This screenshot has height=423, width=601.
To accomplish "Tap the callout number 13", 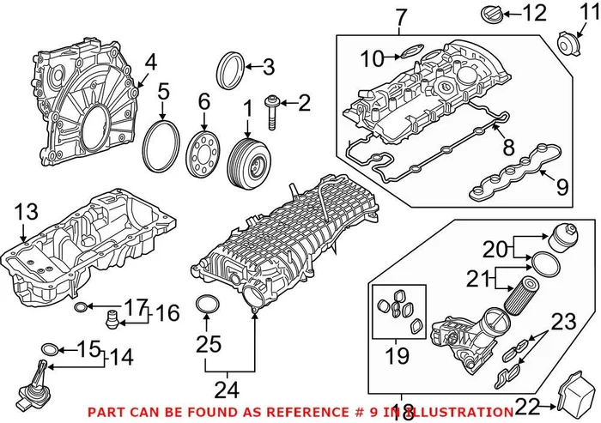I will point(26,210).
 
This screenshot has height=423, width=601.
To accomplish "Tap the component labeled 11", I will point(566,40).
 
